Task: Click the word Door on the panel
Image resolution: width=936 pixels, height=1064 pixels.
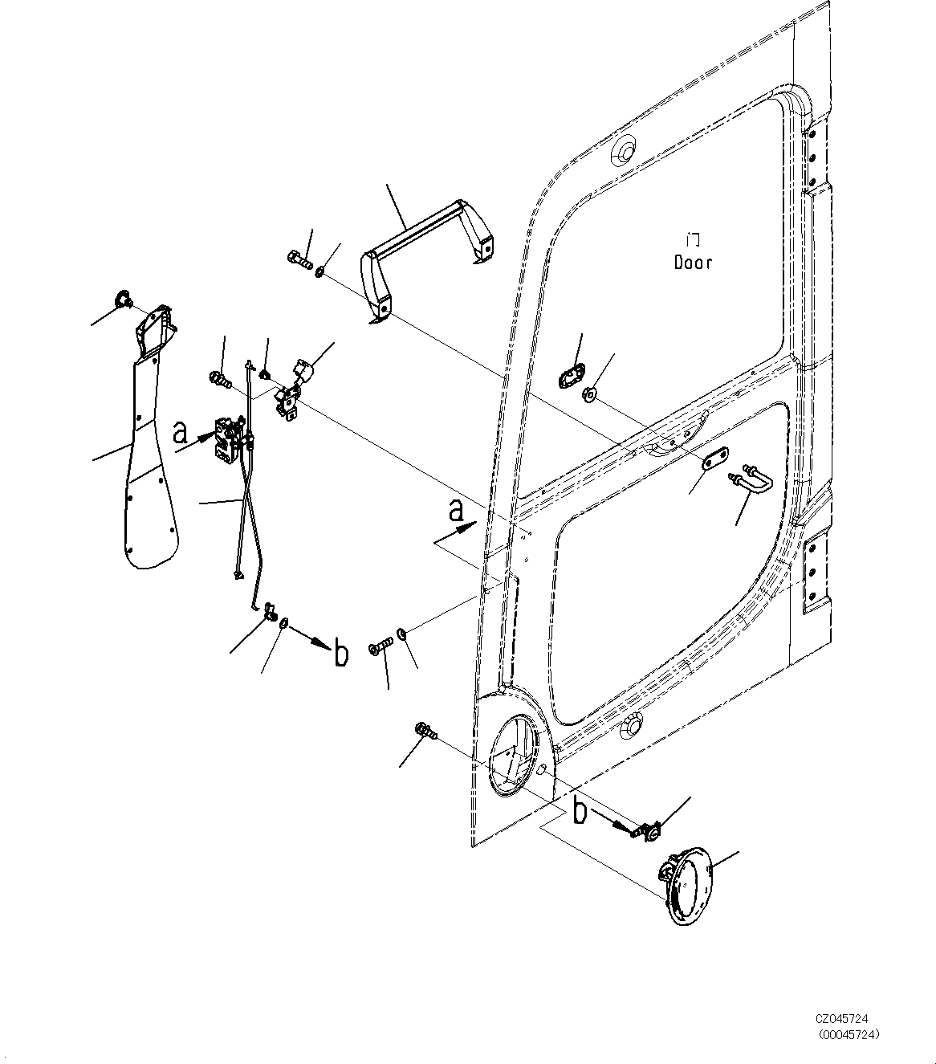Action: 693,263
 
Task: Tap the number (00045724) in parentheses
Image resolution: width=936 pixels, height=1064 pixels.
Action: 848,1033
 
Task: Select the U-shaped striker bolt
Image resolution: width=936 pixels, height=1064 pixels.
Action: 752,479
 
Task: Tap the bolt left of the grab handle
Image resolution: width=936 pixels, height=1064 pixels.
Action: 296,260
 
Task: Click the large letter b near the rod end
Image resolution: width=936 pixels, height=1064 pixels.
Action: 341,654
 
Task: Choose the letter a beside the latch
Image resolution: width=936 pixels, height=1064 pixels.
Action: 181,433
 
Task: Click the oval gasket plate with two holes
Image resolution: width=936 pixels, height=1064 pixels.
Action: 571,374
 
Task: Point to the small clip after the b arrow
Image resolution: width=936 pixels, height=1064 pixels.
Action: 646,831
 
